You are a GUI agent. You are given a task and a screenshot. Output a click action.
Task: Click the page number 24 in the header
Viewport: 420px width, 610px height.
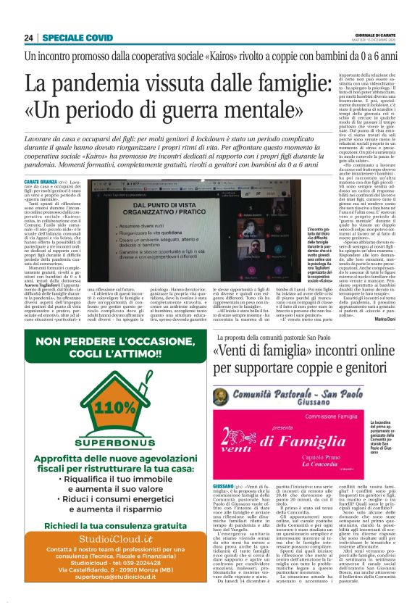click(29, 38)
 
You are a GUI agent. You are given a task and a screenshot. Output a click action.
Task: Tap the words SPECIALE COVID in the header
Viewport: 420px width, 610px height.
click(77, 38)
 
